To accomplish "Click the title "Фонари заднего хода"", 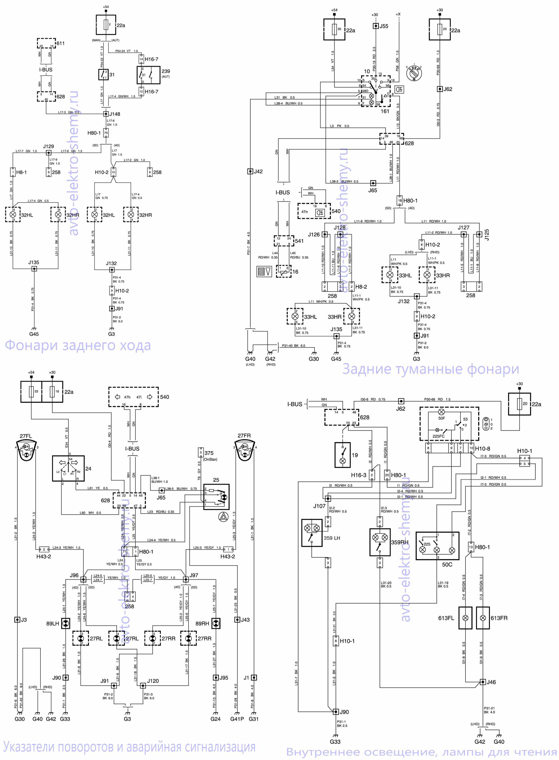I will (78, 345).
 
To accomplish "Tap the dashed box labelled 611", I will (46, 43).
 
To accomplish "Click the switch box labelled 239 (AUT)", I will (148, 75).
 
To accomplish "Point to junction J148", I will (106, 114).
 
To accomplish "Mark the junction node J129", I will (48, 153).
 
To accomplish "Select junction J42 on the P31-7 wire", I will (250, 171).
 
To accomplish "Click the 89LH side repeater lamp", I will (66, 623).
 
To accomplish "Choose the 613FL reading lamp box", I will (465, 618).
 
